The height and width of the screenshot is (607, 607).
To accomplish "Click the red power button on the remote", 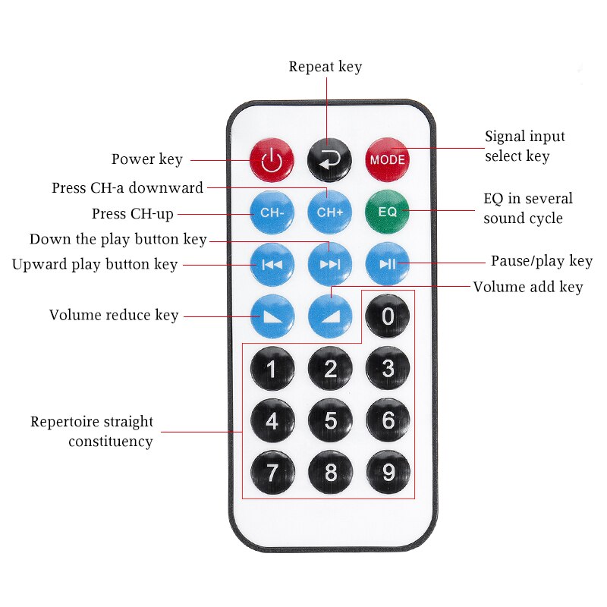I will tap(272, 159).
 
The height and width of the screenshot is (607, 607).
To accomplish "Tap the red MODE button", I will tap(388, 159).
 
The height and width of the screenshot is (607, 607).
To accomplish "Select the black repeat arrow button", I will tap(329, 159).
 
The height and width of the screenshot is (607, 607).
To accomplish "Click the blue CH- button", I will tap(272, 212).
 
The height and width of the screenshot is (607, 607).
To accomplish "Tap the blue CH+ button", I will tap(329, 212).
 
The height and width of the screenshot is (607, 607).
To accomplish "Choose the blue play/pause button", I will tap(388, 263).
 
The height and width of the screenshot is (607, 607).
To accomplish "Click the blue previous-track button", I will tap(272, 263).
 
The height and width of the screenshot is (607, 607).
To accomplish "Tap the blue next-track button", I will tap(329, 263).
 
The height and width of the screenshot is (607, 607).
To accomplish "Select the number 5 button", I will tap(330, 420).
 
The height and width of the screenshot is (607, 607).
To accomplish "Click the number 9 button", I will tap(388, 473).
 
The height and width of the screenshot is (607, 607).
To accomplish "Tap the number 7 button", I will tap(272, 473).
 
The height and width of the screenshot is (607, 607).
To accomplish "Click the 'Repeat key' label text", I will tap(325, 67).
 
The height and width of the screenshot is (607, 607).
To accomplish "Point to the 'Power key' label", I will tap(147, 159).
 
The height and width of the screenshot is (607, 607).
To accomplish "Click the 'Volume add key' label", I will tap(527, 287).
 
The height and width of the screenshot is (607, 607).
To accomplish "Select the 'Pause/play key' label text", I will tap(541, 261).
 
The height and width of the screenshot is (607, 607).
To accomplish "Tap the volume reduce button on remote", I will tap(272, 315).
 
